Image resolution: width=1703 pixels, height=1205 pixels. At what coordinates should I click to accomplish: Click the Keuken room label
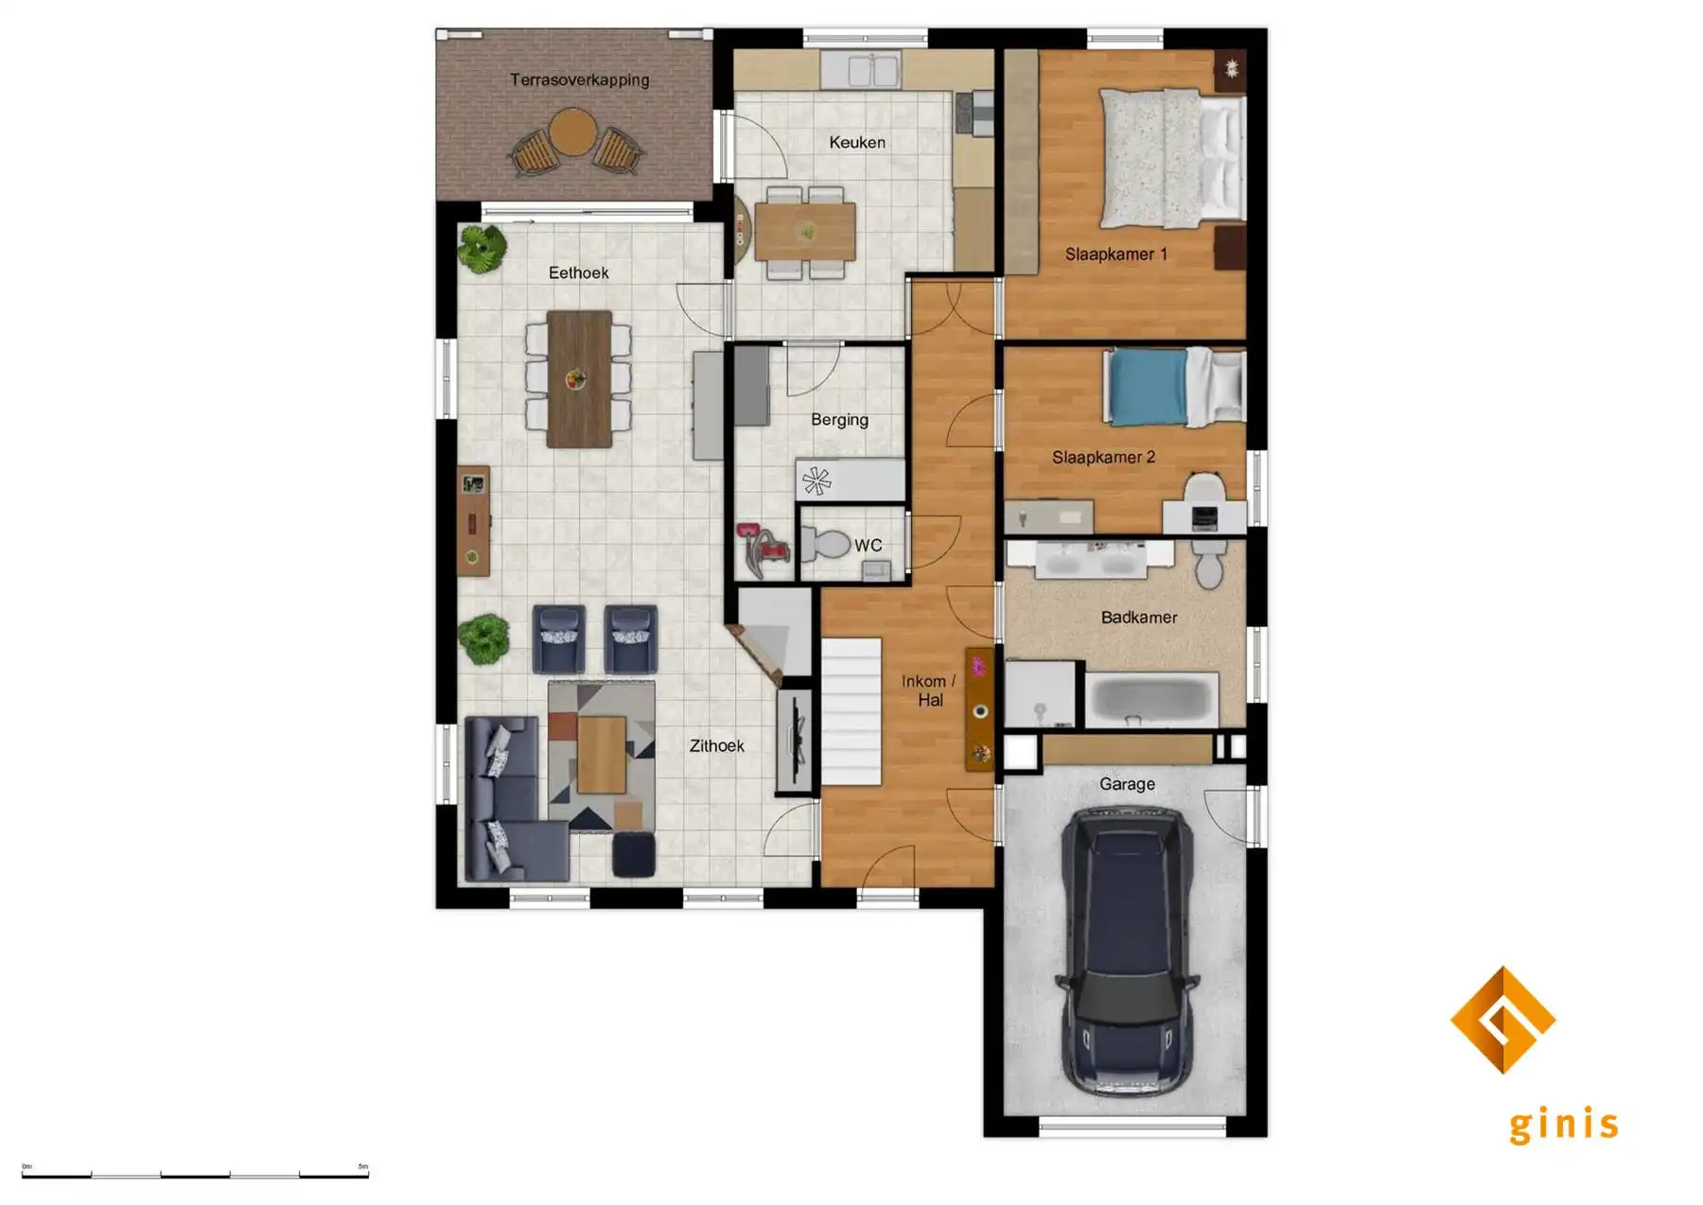click(x=857, y=143)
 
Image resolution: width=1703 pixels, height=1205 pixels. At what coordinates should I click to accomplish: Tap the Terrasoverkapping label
click(x=579, y=80)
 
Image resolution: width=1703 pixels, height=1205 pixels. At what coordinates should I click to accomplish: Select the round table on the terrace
click(x=572, y=131)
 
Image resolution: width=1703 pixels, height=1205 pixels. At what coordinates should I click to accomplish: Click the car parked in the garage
click(x=1126, y=951)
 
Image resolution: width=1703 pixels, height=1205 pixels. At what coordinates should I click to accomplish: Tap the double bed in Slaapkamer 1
click(x=1171, y=158)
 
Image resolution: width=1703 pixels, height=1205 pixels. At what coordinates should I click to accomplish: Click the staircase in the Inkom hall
click(x=851, y=711)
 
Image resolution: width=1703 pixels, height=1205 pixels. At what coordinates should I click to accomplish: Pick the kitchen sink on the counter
click(x=860, y=70)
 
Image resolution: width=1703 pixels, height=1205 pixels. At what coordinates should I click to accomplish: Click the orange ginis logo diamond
click(x=1502, y=1019)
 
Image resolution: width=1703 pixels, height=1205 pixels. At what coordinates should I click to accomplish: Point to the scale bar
click(x=195, y=1175)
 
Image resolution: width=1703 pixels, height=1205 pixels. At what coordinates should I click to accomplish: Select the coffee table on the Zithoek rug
click(x=602, y=754)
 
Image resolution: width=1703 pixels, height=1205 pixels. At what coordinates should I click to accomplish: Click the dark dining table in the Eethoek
click(x=579, y=378)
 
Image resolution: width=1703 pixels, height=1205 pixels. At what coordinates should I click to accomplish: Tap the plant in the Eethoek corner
click(x=483, y=248)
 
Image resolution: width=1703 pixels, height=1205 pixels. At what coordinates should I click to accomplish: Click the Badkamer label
click(x=1138, y=618)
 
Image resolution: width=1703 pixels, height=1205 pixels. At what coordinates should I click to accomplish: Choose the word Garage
click(x=1127, y=784)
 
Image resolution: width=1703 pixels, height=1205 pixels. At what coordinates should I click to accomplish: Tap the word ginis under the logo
click(x=1563, y=1125)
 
